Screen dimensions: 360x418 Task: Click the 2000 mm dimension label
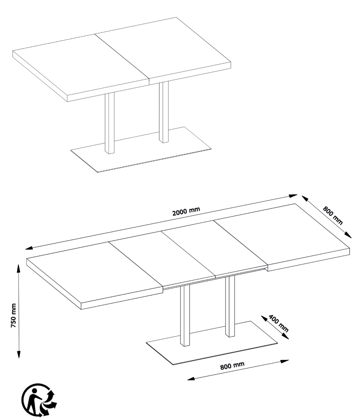(x=186, y=211)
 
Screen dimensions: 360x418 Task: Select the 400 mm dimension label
(x=278, y=323)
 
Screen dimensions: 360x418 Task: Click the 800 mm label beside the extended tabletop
(x=333, y=216)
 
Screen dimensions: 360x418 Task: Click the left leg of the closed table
(x=110, y=123)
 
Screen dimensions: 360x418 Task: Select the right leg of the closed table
(x=164, y=112)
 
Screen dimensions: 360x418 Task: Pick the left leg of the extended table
(x=185, y=315)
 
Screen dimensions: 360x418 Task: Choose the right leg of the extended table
(x=230, y=307)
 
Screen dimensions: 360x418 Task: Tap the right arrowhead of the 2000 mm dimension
(x=293, y=196)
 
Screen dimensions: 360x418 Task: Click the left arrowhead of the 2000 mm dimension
(x=29, y=248)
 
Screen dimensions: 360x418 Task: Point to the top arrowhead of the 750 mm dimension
(x=18, y=268)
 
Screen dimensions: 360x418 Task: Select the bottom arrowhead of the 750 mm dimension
(x=18, y=354)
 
